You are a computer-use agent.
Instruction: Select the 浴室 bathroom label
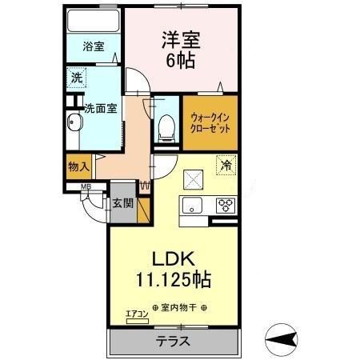[93, 47]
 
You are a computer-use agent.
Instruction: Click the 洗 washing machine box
[76, 78]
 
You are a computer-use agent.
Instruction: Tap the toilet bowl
[166, 126]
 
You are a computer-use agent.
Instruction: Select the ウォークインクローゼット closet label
[209, 122]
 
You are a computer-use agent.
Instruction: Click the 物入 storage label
[78, 166]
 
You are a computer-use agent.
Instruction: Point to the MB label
[84, 189]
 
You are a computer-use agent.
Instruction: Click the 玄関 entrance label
[122, 203]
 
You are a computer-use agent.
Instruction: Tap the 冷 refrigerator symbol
[226, 166]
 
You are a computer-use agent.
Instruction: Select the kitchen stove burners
[225, 205]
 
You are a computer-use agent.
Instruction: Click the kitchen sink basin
[192, 206]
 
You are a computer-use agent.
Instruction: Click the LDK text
[175, 260]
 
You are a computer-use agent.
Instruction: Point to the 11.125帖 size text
[176, 281]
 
